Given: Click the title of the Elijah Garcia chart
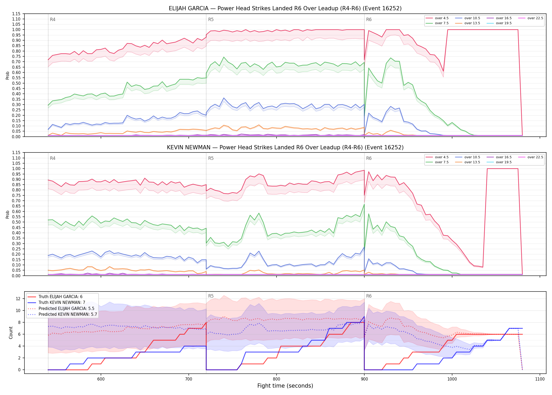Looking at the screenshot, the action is tap(285, 8).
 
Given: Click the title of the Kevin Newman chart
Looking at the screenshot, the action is tap(285, 147).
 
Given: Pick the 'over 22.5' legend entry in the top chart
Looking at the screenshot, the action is tap(530, 18).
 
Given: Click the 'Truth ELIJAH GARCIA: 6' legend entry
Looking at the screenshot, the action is tap(55, 297).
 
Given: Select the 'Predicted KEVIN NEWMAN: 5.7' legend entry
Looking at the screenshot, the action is tap(62, 314).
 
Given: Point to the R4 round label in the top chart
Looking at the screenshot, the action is tap(53, 19).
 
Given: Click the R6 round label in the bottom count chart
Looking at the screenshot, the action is tap(369, 296).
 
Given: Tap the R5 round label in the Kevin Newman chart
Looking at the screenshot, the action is tap(211, 158).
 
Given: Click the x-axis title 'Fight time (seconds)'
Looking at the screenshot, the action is tap(285, 386).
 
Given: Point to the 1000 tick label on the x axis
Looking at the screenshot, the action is tap(452, 379).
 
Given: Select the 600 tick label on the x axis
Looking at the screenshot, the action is tap(101, 379).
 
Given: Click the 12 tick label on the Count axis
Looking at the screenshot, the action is tap(18, 299).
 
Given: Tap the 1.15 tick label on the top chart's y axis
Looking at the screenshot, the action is tap(16, 14).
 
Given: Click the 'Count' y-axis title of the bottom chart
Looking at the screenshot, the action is tap(11, 333).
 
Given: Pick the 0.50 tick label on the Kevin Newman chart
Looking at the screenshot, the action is tap(16, 222).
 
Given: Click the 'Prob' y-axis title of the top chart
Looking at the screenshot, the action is tap(8, 75).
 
